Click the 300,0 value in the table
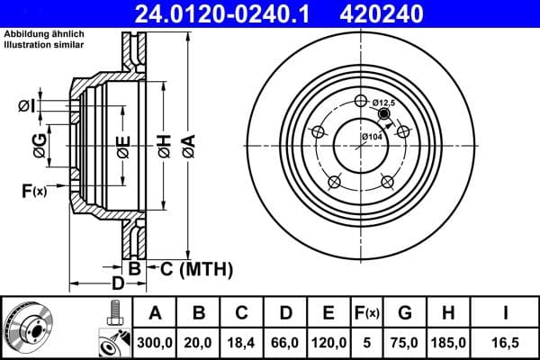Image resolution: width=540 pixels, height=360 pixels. point(155,342)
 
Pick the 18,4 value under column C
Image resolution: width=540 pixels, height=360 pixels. point(241,342)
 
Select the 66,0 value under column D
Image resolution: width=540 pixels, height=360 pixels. point(285,342)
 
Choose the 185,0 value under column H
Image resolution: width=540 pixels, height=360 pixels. point(449,342)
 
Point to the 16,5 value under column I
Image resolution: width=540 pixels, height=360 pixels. point(504,342)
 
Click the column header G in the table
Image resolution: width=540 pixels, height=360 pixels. point(405,313)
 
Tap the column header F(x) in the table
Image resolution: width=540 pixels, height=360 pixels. point(367,313)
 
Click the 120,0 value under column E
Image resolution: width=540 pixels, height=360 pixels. point(328,342)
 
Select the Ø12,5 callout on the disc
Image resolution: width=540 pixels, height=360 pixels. point(384,103)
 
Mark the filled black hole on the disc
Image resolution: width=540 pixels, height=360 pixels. point(384,114)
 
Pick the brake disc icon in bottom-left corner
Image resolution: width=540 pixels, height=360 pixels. point(29,328)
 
